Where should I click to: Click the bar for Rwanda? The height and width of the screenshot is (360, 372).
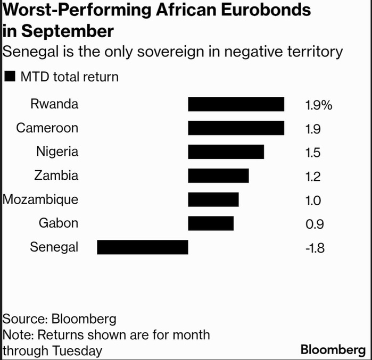coord(236,104)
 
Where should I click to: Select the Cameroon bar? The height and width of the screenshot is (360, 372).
coord(236,128)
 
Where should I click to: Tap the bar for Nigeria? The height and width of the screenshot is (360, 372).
coord(226,152)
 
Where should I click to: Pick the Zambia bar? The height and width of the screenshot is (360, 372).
coord(218,175)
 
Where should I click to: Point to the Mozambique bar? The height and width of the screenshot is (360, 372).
coord(213,199)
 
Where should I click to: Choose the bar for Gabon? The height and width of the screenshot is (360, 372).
coord(211,223)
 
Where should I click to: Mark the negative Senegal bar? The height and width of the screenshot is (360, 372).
coord(143,247)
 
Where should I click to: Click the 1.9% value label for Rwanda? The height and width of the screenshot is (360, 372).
coord(318,105)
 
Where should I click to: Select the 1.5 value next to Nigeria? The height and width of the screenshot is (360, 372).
coord(313,153)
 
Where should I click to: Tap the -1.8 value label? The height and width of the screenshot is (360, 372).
coord(313,248)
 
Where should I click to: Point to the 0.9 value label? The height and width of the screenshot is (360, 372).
coord(313,224)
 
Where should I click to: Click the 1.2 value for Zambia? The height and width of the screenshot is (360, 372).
coord(313,177)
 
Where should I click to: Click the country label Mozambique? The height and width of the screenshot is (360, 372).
coord(40,200)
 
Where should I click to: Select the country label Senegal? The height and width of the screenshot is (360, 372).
coord(54,247)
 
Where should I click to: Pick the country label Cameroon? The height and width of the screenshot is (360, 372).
coord(47,128)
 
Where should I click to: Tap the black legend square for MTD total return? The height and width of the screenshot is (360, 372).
coord(9,77)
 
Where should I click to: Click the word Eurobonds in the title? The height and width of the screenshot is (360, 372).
coord(267,10)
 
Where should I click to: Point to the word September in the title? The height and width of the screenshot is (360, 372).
coord(66,31)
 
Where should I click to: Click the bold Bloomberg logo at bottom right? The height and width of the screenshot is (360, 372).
coord(333,349)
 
